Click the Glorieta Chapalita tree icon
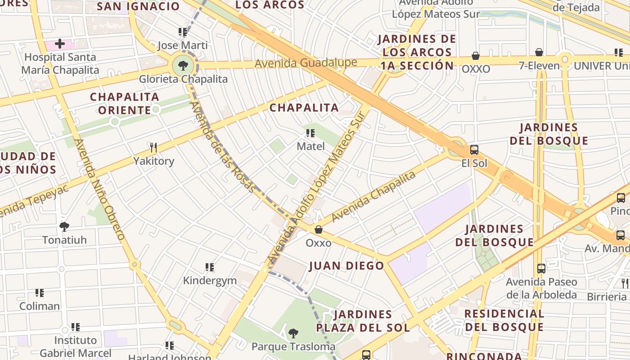pos(183,66)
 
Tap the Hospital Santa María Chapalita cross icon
pos(59,44)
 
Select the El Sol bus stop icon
pos(474,150)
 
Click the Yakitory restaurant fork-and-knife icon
pos(153,148)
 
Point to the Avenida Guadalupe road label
pos(306,63)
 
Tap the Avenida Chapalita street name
pos(373,197)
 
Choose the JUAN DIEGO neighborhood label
pos(346,266)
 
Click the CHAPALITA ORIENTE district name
pos(125,103)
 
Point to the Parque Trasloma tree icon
pos(293,333)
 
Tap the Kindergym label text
pos(210,281)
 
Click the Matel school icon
pos(310,133)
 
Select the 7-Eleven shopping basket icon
pos(539,53)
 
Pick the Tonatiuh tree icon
pos(64,226)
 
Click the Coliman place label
pos(40,306)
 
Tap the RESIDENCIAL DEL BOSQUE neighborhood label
pos(504,320)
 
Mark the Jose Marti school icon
pos(182,32)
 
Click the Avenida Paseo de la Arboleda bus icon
pos(541,269)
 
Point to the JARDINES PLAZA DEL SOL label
pos(363,320)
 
